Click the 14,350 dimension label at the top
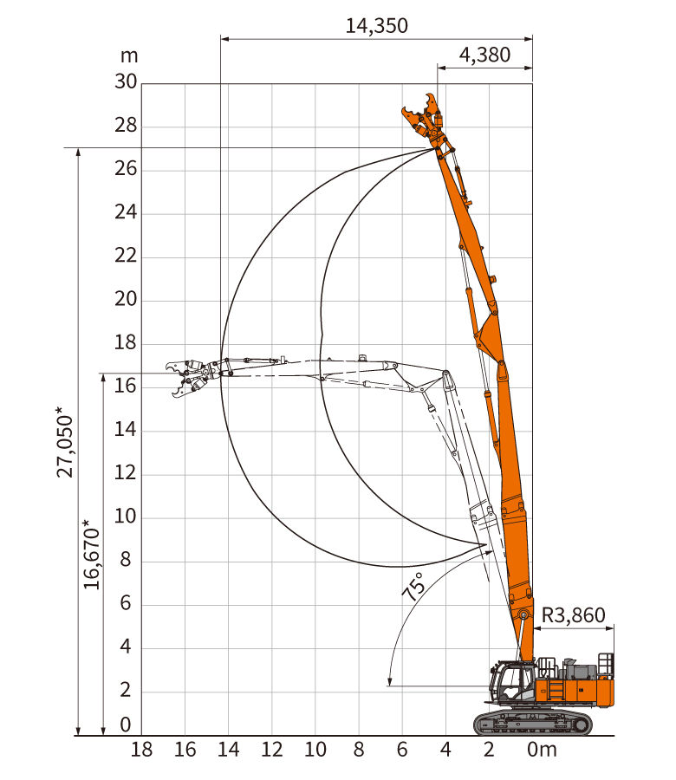376,26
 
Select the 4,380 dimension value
484,55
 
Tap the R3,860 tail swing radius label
573,615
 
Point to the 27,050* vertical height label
65,442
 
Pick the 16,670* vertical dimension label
92,555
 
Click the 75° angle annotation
413,586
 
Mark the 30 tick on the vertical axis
126,81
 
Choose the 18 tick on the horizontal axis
141,749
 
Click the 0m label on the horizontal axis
542,749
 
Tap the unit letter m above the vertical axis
129,56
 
